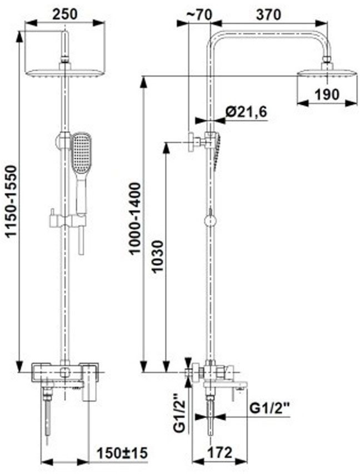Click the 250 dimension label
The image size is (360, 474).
coord(65,14)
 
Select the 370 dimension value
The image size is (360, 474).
coord(268,14)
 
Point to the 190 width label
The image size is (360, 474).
coord(327,94)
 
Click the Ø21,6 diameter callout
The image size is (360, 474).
coord(246,112)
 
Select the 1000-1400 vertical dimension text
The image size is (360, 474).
coord(134,218)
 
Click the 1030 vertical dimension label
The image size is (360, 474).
coord(158,256)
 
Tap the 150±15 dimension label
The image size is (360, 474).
coord(122,453)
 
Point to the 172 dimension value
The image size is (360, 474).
coord(219,452)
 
